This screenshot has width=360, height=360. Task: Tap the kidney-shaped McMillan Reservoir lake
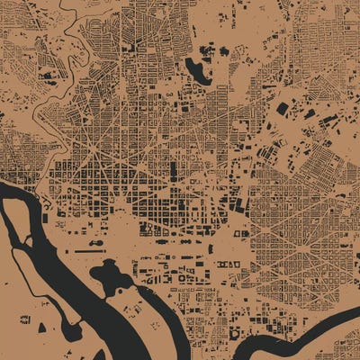coord(197,70)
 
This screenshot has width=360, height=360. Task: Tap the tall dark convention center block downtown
coord(174,169)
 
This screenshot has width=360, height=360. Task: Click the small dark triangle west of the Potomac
coord(24,319)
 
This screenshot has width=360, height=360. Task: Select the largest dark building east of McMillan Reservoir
coord(283,109)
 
